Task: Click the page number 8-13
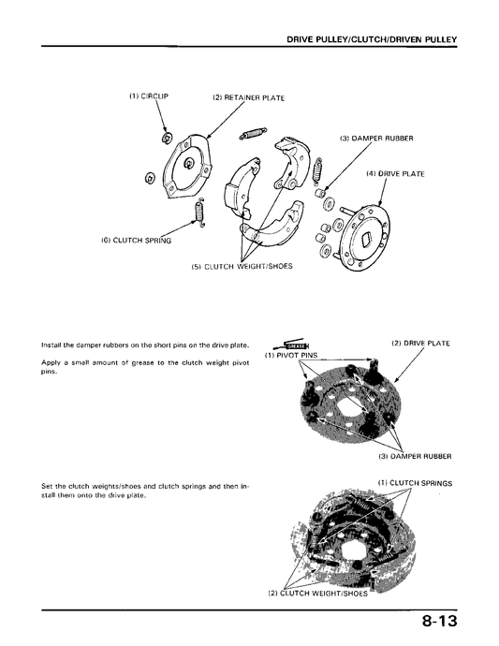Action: coord(439,621)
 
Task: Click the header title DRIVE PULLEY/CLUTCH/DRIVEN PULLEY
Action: coord(372,39)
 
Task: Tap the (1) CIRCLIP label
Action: coord(149,96)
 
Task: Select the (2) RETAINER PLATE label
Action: coord(248,98)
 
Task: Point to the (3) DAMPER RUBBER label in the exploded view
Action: coord(376,139)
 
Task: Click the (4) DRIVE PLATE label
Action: coord(395,174)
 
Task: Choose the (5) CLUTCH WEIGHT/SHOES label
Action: coord(242,266)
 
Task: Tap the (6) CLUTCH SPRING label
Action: coord(137,241)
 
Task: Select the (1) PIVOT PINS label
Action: coord(291,355)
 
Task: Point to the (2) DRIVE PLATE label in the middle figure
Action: coord(420,344)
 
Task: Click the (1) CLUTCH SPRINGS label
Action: coord(415,483)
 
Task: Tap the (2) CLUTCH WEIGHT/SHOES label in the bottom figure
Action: coord(317,594)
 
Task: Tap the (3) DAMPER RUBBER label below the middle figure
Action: coord(415,457)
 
